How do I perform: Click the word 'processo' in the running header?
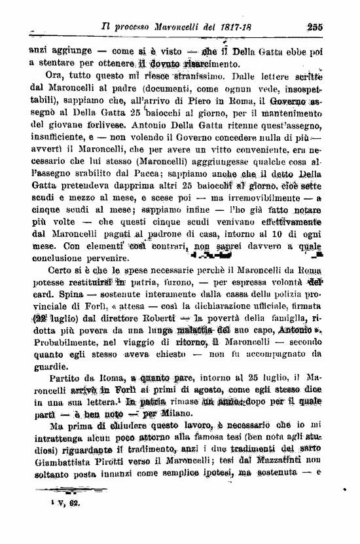coord(136,28)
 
